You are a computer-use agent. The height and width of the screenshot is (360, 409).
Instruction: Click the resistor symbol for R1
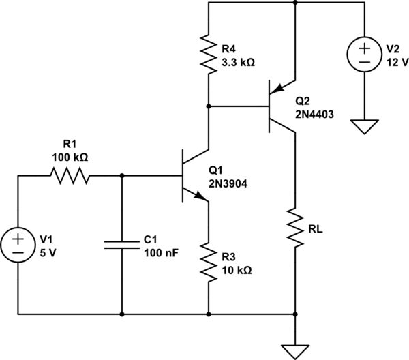pyautogui.click(x=69, y=176)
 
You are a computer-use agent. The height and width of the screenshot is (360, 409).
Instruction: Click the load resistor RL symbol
pyautogui.click(x=294, y=228)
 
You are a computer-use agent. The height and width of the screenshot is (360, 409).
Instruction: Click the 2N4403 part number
pyautogui.click(x=314, y=114)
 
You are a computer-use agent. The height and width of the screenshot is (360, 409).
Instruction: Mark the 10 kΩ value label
pyautogui.click(x=237, y=269)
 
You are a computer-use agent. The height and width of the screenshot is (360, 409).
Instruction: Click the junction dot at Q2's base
pyautogui.click(x=208, y=106)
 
